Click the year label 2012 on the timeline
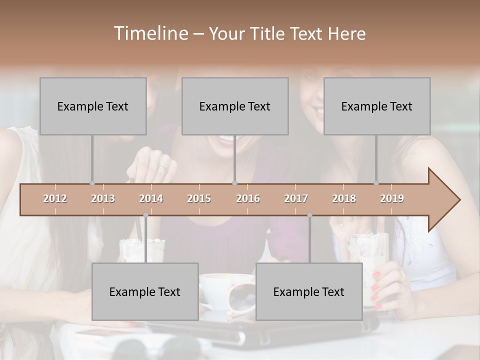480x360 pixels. (55, 198)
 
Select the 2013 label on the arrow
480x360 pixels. (103, 198)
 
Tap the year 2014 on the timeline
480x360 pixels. (151, 198)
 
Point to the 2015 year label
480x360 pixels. (199, 198)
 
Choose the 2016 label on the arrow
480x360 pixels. (248, 198)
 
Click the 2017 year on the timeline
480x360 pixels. (296, 198)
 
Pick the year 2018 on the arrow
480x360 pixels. (344, 198)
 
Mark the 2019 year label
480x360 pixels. (392, 198)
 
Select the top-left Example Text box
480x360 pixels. (93, 106)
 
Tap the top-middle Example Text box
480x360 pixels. (235, 106)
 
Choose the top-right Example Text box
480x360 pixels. (377, 106)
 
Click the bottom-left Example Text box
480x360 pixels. (145, 291)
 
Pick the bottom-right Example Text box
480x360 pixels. (309, 291)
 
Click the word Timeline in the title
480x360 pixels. (150, 33)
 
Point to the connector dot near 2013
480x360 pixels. (92, 183)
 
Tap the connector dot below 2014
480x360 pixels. (145, 215)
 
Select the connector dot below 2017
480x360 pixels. (309, 215)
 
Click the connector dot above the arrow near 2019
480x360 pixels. (376, 183)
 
